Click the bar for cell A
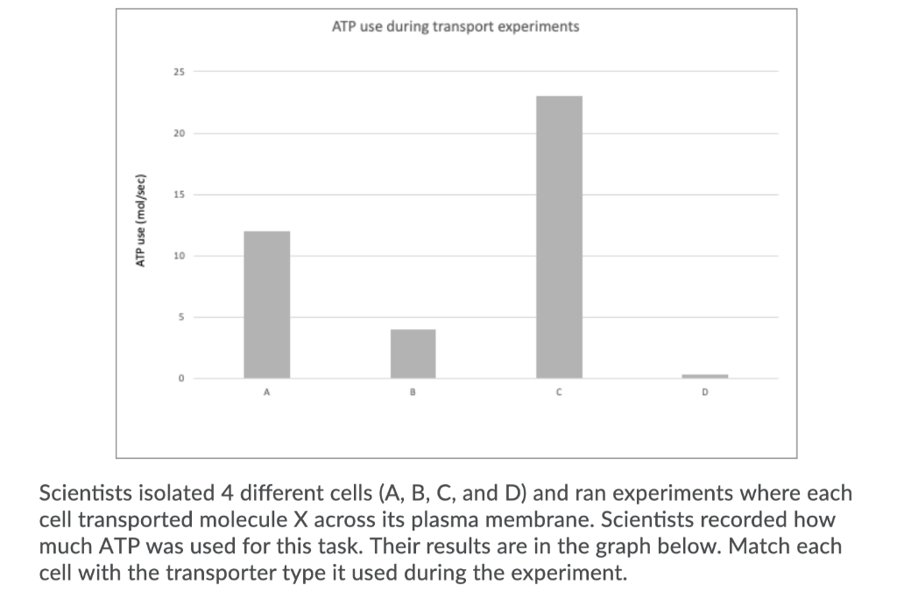point(266,304)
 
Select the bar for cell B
point(413,353)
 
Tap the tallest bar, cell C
point(559,236)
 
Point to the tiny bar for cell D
point(705,376)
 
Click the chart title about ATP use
point(456,26)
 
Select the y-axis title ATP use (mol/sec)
point(138,222)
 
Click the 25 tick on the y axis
point(179,72)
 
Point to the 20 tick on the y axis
point(179,133)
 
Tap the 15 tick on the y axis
point(179,194)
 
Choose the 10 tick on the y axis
point(179,256)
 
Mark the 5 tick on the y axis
point(181,317)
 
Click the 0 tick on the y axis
point(181,378)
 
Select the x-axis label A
point(266,394)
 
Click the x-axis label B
point(413,394)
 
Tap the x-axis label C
point(559,394)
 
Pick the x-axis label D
point(705,394)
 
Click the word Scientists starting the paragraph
point(85,492)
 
